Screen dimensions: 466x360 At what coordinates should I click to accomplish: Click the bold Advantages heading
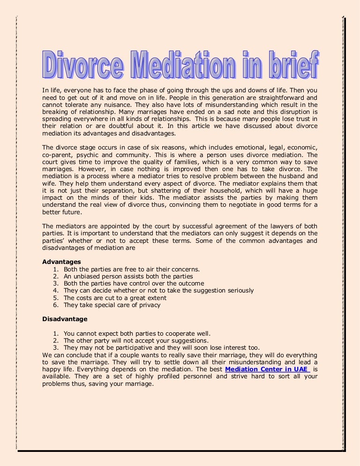61,262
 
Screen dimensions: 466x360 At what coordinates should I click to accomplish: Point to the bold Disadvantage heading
65,319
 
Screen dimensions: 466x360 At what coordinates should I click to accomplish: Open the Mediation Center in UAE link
267,369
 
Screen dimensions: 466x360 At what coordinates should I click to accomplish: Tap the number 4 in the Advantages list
55,291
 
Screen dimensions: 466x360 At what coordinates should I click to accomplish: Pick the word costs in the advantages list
85,298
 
